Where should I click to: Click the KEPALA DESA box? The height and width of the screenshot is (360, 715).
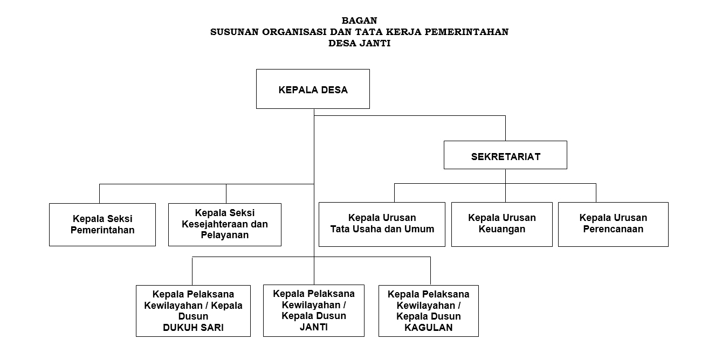313,89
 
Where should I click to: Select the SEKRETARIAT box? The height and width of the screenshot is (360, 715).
505,155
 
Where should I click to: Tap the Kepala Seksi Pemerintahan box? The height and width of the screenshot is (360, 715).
102,225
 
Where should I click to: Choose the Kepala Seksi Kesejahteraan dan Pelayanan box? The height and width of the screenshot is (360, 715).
224,224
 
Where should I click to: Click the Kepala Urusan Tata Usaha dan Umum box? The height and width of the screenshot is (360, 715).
382,224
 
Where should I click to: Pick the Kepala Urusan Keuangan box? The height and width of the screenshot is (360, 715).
501,224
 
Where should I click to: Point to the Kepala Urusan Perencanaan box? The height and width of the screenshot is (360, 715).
613,224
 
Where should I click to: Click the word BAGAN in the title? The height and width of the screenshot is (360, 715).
359,21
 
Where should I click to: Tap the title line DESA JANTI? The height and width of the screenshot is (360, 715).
359,44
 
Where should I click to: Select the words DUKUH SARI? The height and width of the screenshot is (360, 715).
193,327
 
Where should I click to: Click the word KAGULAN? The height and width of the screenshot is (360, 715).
429,327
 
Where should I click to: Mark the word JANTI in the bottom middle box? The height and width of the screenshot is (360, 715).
313,327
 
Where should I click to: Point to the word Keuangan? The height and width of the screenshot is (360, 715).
501,230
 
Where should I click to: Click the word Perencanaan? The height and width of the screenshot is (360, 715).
613,230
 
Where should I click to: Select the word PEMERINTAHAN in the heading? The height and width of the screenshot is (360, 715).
466,32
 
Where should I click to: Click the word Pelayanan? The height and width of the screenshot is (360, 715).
224,236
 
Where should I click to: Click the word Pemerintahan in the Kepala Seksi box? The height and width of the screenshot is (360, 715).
102,231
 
